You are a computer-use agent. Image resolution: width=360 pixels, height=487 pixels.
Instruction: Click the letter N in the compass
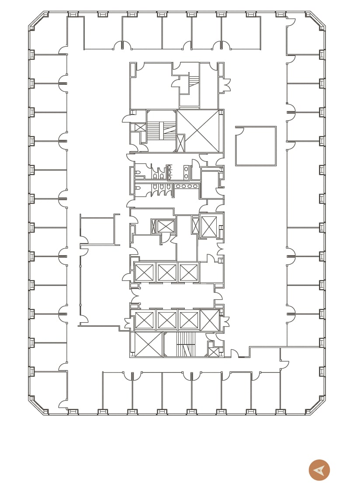(319, 470)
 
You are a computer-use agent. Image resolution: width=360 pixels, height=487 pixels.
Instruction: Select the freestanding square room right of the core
(256, 146)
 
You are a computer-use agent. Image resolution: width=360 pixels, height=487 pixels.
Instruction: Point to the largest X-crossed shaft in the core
(198, 131)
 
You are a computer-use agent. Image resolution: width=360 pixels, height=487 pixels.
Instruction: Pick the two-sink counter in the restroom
(186, 172)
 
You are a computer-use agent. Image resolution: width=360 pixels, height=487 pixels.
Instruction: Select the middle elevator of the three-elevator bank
(166, 272)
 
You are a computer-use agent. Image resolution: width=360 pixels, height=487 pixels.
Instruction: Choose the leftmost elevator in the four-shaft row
(144, 320)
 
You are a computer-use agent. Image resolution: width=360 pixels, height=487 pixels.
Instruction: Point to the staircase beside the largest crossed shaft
(161, 131)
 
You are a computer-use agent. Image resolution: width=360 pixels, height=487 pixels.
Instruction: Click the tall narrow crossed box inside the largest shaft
(180, 143)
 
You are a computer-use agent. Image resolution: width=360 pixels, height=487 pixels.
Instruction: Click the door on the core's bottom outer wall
(234, 353)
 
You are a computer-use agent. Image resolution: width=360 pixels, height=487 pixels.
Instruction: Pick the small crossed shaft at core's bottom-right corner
(214, 352)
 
